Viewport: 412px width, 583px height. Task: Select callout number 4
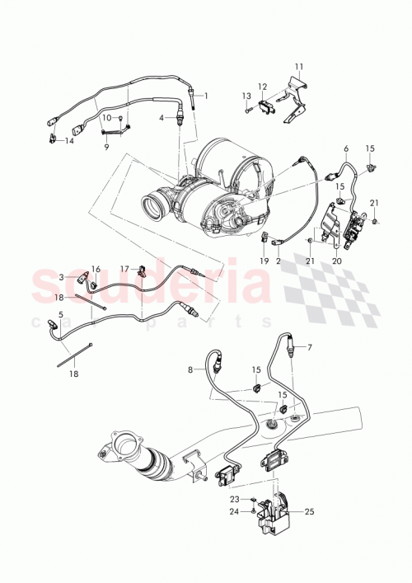tap(162, 119)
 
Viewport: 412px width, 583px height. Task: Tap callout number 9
tap(105, 148)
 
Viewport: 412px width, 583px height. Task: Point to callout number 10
tap(106, 118)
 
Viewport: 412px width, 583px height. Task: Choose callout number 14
tap(69, 141)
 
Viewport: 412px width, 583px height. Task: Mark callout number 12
tap(262, 87)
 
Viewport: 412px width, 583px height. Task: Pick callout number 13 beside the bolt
tap(246, 96)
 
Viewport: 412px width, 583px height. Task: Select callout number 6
tap(345, 148)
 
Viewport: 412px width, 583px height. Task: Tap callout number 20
tap(335, 261)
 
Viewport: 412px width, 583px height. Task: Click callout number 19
tap(265, 261)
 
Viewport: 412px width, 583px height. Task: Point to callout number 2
tap(279, 261)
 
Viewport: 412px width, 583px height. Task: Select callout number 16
tap(96, 269)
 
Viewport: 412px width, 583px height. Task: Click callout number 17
tap(125, 269)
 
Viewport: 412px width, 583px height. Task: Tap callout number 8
tap(190, 370)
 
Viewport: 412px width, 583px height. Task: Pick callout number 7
tap(310, 347)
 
